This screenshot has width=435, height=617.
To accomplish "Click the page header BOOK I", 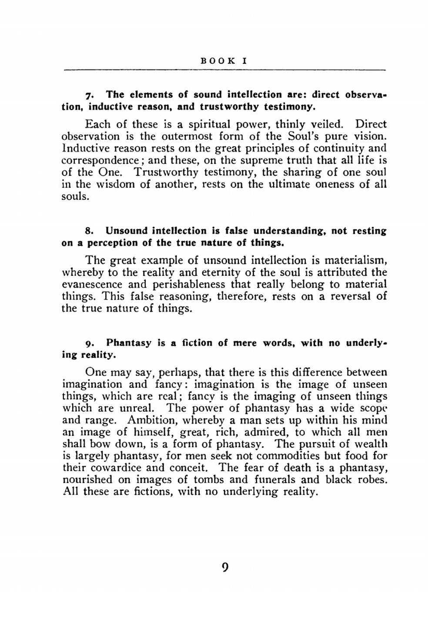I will [x=224, y=61].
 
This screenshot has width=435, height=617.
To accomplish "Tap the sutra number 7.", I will [x=88, y=95].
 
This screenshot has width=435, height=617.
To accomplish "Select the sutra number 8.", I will [x=88, y=231].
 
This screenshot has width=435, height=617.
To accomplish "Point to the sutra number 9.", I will [x=88, y=343].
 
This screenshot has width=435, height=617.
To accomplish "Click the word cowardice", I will [x=116, y=468].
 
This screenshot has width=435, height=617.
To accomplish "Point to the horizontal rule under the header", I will [x=224, y=70].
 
